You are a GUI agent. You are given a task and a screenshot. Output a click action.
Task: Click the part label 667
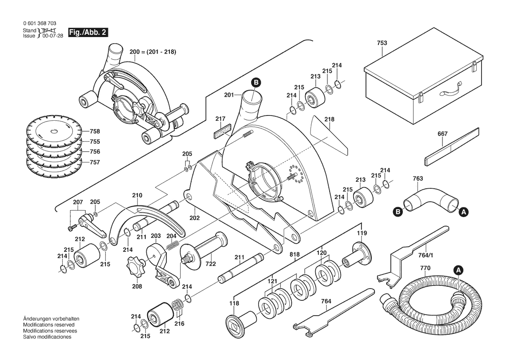click(x=442, y=135)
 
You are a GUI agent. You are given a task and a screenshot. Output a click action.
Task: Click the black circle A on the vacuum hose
click(x=458, y=270)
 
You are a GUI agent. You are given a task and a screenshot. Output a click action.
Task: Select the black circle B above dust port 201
click(x=256, y=82)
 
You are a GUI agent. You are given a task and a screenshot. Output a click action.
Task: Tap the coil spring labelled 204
click(x=172, y=246)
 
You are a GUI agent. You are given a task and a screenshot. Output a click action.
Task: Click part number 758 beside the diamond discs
click(x=94, y=131)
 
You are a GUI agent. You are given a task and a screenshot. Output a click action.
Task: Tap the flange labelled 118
click(x=236, y=323)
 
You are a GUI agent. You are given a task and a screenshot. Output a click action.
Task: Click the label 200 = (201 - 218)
click(x=152, y=52)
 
